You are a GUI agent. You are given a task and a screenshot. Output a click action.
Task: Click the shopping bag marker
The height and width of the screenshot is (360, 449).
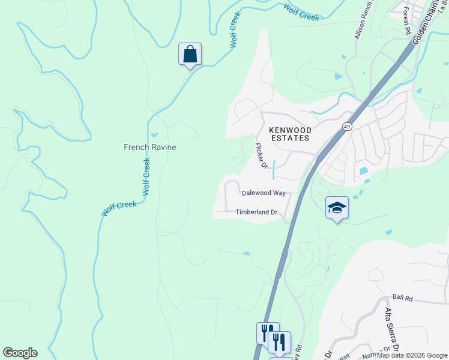[190, 55]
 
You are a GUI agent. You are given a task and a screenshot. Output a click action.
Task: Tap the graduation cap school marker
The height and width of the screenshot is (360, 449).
[337, 208]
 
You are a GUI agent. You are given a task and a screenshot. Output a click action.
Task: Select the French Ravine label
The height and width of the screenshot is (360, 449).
[149, 147]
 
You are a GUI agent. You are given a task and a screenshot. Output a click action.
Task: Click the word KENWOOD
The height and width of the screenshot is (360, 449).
[289, 130]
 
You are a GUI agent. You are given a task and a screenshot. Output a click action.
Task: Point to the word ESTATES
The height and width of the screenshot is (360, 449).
[289, 138]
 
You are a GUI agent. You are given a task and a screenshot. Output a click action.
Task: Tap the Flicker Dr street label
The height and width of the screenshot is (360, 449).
[261, 155]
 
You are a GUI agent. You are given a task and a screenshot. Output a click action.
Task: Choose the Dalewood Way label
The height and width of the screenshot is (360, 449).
[264, 193]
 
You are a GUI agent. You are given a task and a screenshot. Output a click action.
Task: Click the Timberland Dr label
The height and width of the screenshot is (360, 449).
[256, 212]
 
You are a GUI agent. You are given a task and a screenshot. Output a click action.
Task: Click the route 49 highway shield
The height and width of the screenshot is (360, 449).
[347, 126]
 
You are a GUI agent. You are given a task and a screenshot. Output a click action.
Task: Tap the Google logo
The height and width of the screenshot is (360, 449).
[20, 353]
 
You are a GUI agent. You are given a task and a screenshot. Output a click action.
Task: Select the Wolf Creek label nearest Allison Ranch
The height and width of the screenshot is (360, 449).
[301, 13]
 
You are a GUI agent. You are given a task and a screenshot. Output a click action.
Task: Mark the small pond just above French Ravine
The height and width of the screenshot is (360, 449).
[154, 134]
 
